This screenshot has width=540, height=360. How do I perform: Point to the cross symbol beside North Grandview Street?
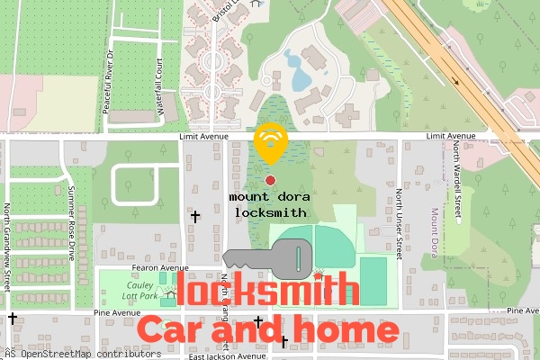click(12, 318)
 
